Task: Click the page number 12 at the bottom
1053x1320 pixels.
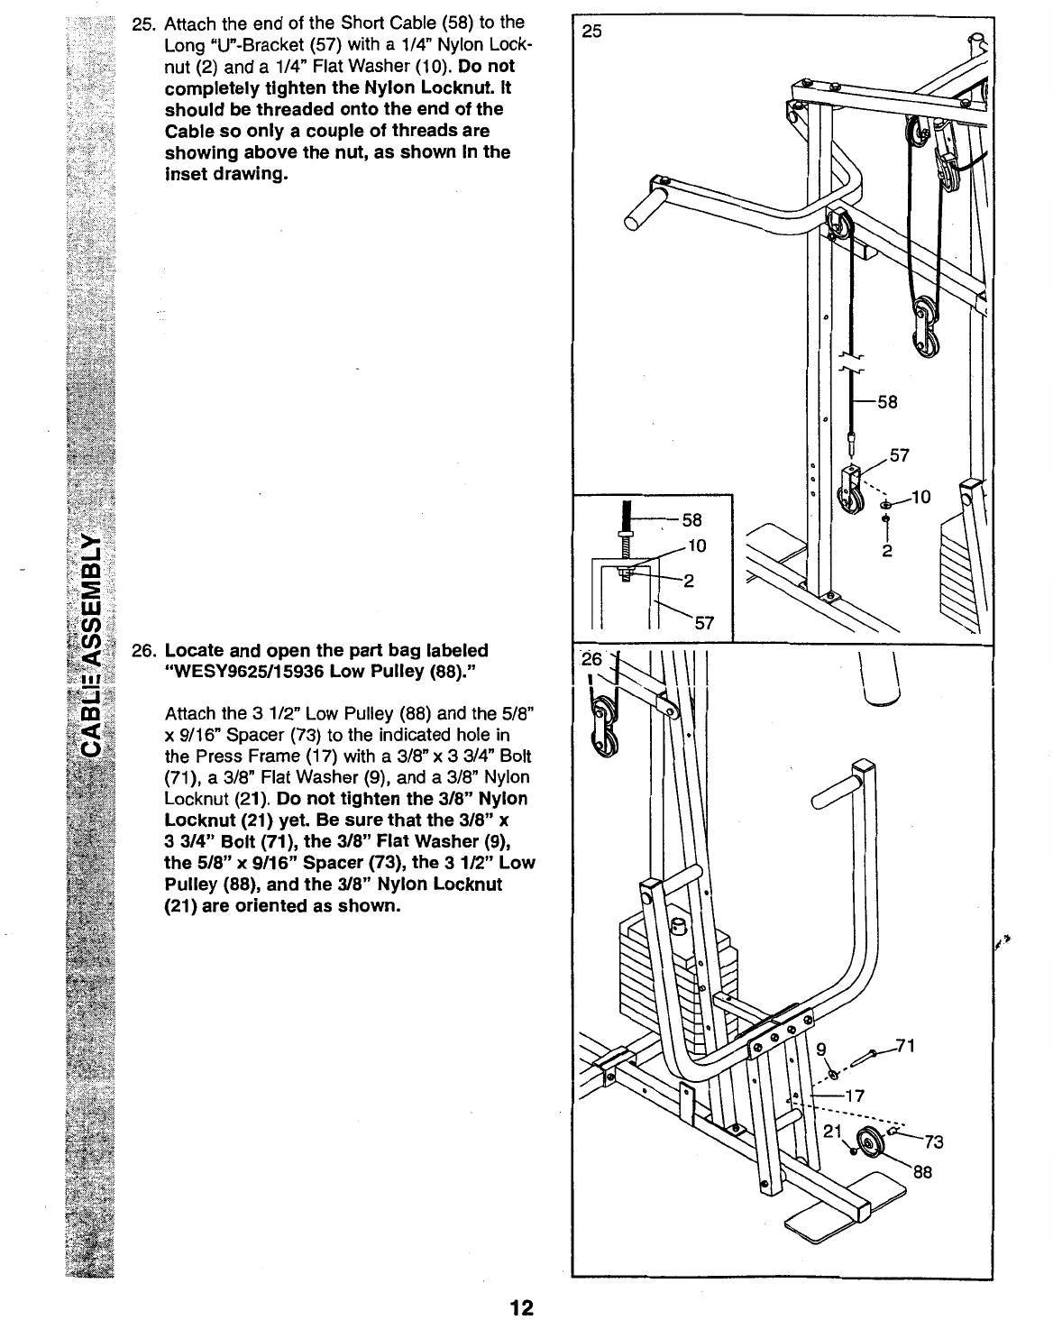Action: click(x=521, y=1307)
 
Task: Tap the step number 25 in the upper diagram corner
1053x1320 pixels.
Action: click(x=591, y=32)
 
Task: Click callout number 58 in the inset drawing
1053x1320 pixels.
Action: click(x=691, y=520)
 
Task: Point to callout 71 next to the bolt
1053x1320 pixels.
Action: click(x=907, y=1046)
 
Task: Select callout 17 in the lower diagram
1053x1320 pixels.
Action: click(x=856, y=1096)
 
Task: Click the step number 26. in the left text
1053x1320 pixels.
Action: click(x=144, y=650)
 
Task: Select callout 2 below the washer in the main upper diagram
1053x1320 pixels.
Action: click(x=887, y=552)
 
